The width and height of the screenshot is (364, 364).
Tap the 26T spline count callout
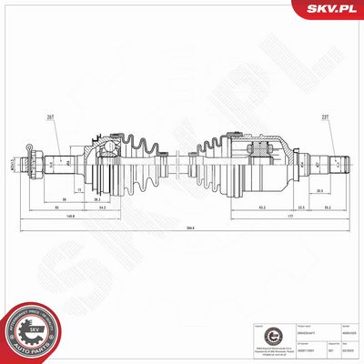pyautogui.click(x=48, y=116)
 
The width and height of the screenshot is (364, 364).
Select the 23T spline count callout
pyautogui.click(x=326, y=116)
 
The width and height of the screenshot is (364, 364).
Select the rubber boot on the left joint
pyautogui.click(x=137, y=164)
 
